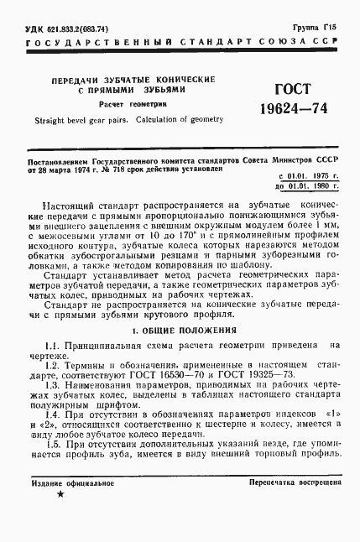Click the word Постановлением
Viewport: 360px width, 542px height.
[63, 159]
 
